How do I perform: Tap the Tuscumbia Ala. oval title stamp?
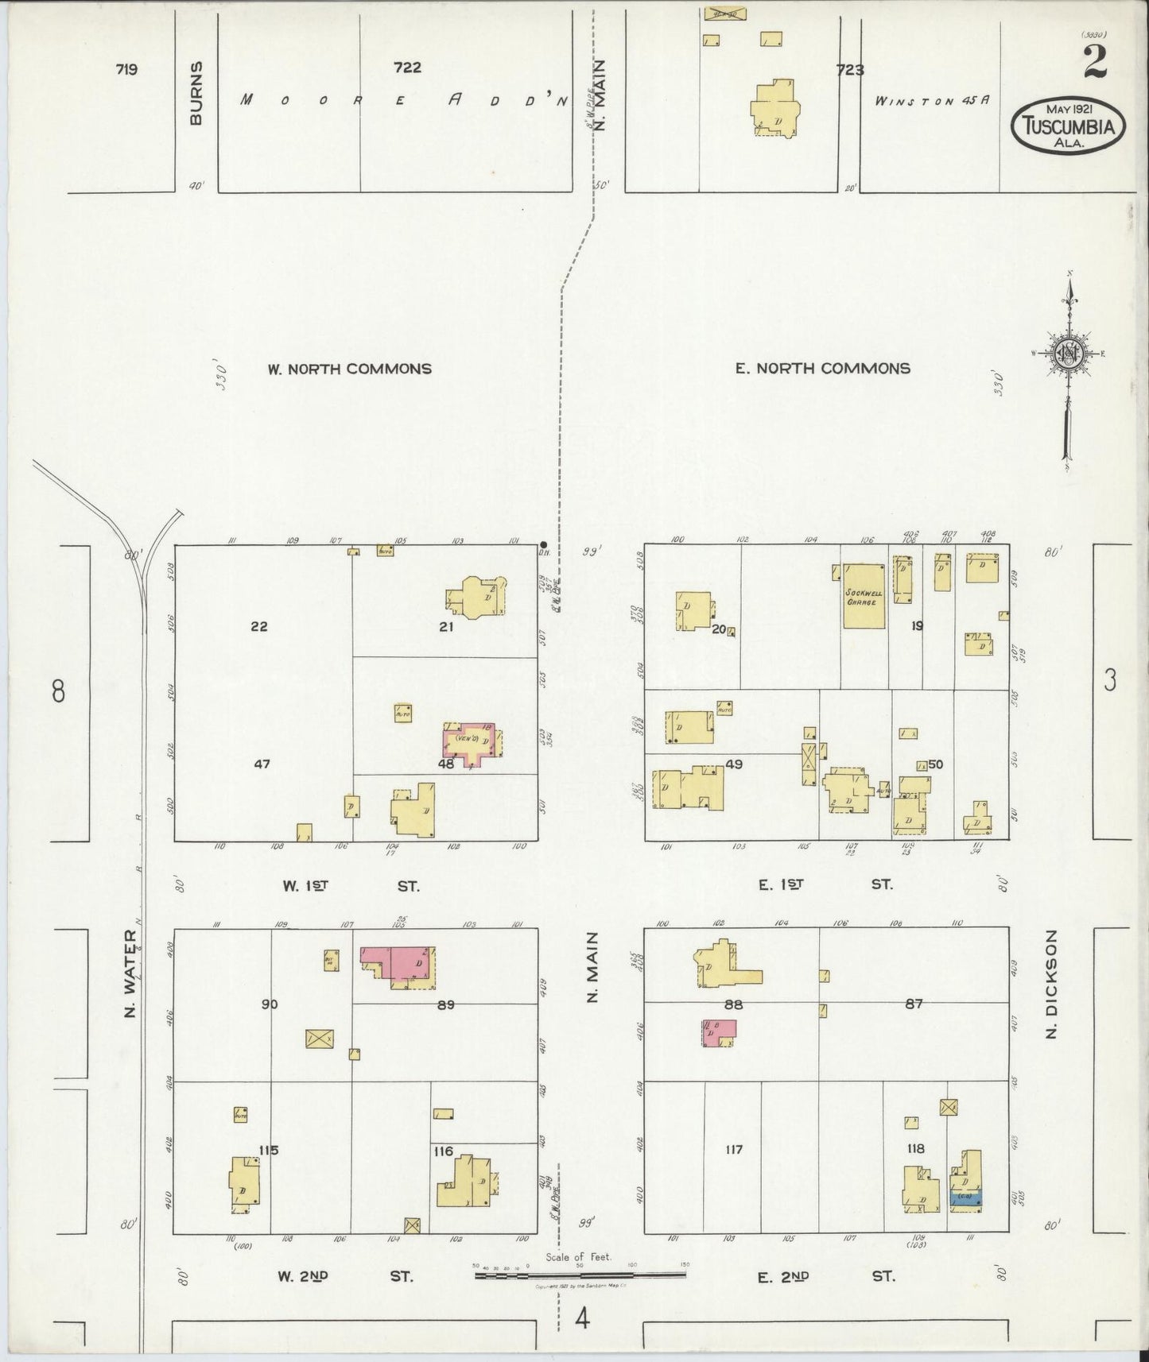coord(1067,126)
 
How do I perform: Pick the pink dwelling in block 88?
coord(719,1033)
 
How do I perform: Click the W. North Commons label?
coord(350,369)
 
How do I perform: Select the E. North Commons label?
coord(822,369)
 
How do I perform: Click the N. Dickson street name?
coord(1052,974)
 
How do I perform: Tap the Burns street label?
coord(196,93)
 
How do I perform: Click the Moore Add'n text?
coord(406,100)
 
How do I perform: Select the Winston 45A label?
coord(932,101)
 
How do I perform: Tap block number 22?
coord(258,626)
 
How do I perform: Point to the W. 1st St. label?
coord(350,885)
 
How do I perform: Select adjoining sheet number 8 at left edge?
coord(57,692)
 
